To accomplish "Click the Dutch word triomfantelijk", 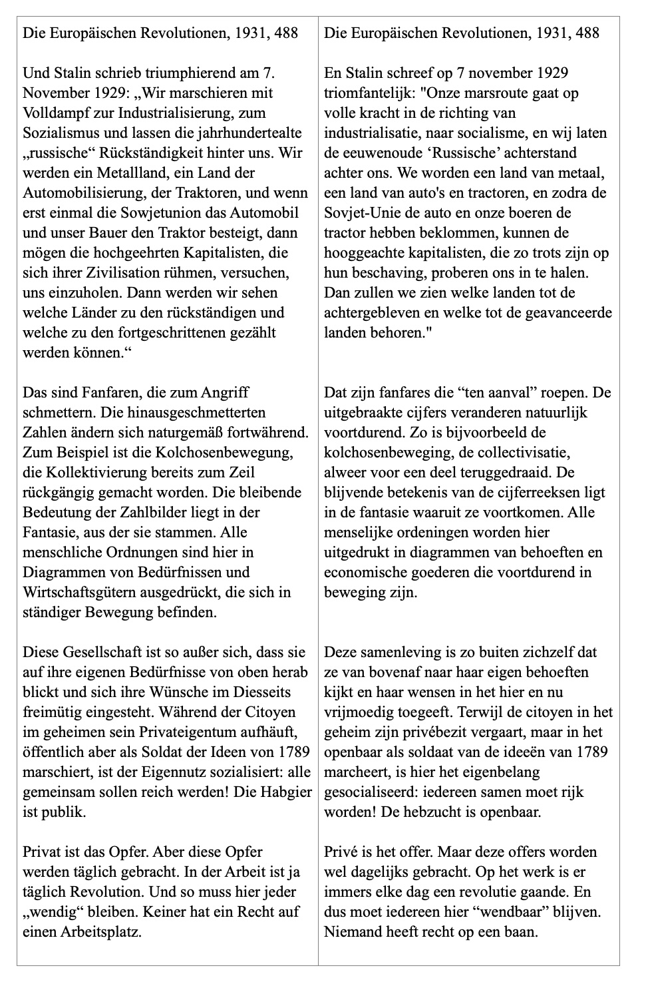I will click(373, 93).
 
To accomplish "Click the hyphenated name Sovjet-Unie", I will click(360, 213).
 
